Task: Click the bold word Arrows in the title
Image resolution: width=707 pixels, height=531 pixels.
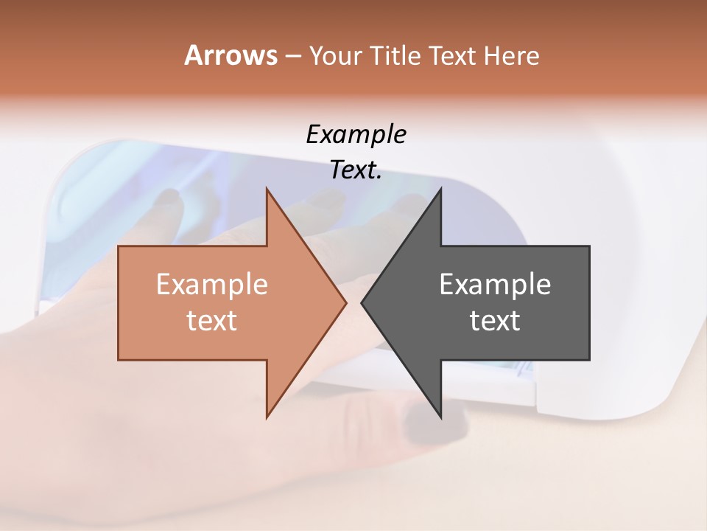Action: [231, 55]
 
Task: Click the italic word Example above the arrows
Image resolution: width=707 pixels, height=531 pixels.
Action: [356, 135]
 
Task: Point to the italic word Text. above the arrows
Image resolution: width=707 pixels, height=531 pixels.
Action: [356, 170]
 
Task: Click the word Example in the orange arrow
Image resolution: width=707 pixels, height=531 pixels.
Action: [211, 284]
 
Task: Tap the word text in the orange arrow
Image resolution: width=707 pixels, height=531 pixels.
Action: [211, 320]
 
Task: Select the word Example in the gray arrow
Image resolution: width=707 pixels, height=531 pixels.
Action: [495, 284]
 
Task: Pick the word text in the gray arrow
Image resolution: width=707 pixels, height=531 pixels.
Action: [495, 320]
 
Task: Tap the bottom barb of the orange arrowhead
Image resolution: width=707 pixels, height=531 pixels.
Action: [267, 414]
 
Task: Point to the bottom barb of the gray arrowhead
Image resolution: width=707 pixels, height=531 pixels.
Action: [440, 414]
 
